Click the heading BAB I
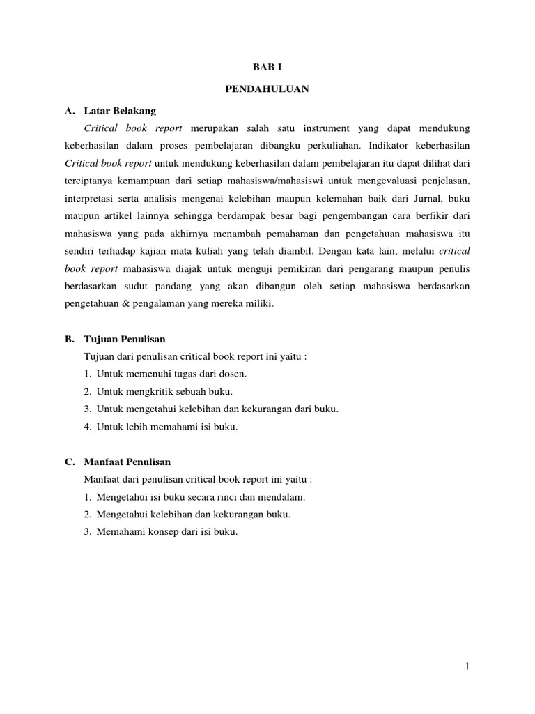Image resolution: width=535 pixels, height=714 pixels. point(267,68)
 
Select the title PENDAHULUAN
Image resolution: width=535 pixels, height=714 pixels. point(267,89)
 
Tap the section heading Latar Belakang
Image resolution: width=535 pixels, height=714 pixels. point(120,111)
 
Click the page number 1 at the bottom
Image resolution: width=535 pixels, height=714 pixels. point(468,667)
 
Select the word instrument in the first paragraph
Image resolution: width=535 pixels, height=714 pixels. point(325,128)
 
